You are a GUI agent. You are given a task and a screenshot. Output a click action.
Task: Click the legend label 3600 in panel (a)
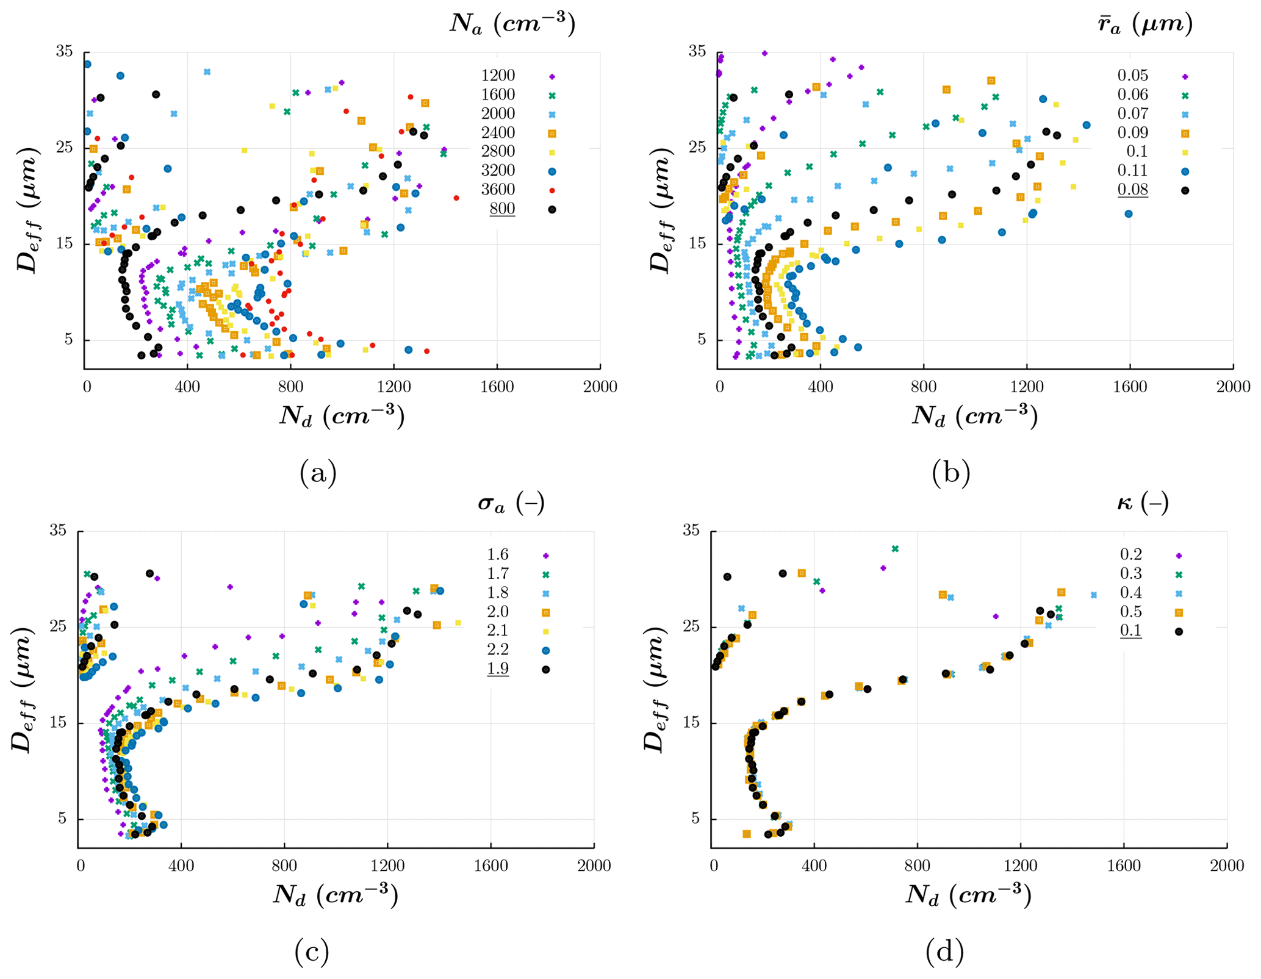click(498, 189)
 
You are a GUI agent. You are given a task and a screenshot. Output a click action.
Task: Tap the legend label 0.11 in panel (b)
click(1132, 170)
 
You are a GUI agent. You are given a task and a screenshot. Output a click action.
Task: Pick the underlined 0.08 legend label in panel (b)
click(1132, 190)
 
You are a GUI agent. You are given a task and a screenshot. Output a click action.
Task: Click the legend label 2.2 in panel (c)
click(497, 649)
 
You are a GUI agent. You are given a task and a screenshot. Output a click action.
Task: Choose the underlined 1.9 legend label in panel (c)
click(497, 669)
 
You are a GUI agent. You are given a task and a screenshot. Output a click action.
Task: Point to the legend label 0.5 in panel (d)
click(1130, 612)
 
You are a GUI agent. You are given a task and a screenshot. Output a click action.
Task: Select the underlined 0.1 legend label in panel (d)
click(1130, 631)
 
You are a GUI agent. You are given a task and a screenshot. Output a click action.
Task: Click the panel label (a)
click(318, 472)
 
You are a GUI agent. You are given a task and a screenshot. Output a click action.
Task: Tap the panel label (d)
click(944, 952)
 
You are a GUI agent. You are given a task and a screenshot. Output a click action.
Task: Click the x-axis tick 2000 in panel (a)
click(600, 387)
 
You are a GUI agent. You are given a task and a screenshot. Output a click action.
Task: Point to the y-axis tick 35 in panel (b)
click(697, 52)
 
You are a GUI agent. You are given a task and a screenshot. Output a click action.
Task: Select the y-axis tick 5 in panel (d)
click(695, 819)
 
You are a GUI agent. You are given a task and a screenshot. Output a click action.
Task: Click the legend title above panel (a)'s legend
click(512, 24)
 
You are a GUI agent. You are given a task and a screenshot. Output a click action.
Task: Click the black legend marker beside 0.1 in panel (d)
click(1179, 631)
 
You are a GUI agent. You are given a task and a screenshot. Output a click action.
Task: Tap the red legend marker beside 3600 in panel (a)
click(551, 190)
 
